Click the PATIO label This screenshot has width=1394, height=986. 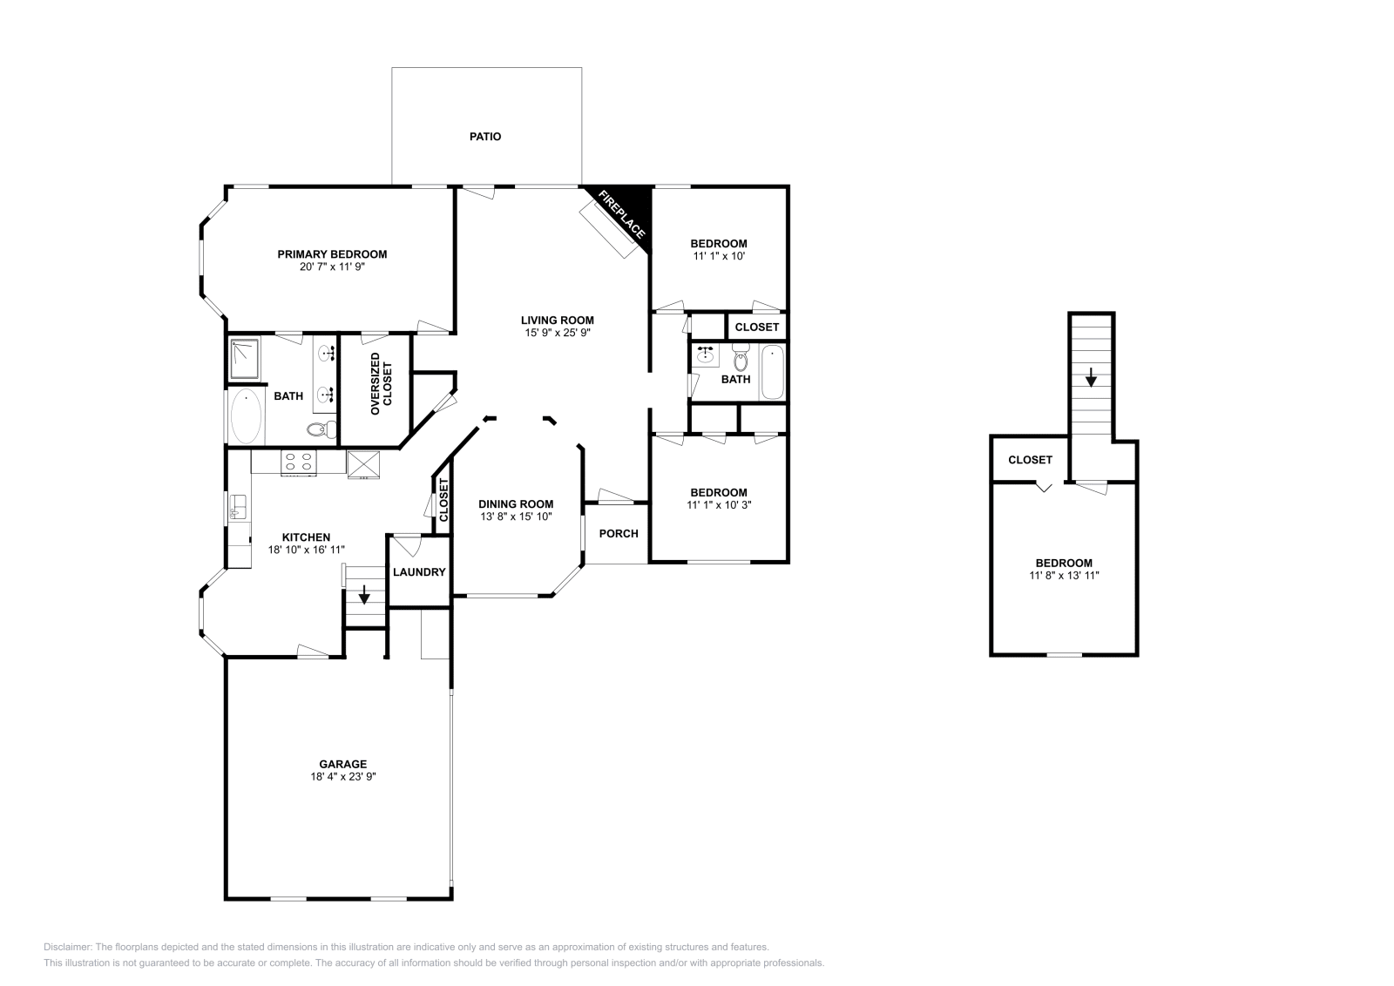(485, 137)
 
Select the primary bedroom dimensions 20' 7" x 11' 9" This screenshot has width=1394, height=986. (332, 267)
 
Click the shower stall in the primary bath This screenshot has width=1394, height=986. (246, 359)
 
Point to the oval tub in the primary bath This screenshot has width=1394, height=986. (246, 417)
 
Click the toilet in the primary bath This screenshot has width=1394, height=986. (322, 429)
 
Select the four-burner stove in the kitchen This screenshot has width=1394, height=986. (298, 462)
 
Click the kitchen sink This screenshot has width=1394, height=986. (237, 507)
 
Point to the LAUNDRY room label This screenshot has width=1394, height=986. (419, 572)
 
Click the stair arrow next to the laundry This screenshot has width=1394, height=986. (364, 596)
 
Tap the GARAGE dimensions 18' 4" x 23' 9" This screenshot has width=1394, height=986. (342, 776)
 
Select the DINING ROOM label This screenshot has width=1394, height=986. (516, 504)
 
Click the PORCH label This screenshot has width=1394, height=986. (619, 533)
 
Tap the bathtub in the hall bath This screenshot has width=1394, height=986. (772, 372)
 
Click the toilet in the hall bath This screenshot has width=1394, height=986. (741, 357)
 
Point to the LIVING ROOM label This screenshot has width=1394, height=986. (558, 320)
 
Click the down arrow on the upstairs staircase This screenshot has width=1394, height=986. (1090, 378)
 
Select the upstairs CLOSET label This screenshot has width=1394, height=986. (1030, 460)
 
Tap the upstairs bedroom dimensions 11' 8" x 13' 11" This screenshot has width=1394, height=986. (1064, 576)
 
